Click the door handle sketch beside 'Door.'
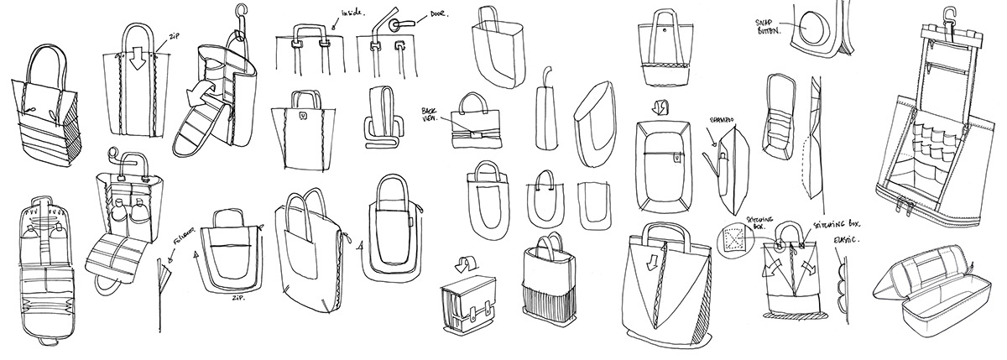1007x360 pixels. tap(399, 23)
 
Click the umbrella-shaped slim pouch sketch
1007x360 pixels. tap(545, 105)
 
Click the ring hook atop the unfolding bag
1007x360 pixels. tap(243, 14)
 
